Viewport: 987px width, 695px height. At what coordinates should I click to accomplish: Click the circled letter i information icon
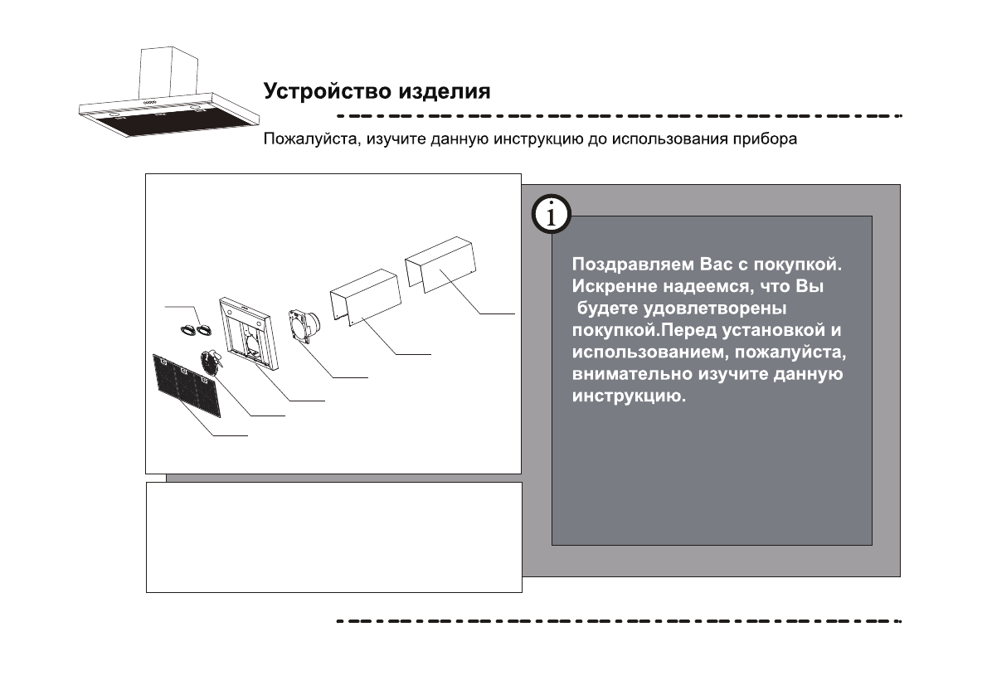click(551, 216)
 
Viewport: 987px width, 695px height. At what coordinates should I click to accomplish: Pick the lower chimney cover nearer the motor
click(366, 299)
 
